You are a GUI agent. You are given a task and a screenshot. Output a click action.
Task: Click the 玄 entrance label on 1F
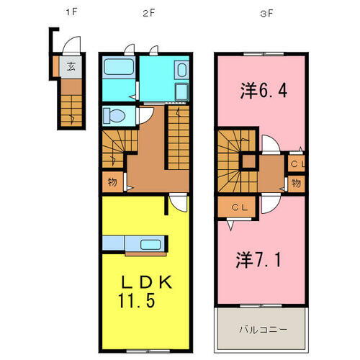pyautogui.click(x=71, y=67)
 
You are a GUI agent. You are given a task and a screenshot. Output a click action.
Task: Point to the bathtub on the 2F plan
pyautogui.click(x=118, y=69)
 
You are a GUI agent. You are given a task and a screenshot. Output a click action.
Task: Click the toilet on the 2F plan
pyautogui.click(x=114, y=115)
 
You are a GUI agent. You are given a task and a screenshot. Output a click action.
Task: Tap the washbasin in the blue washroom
pyautogui.click(x=181, y=71)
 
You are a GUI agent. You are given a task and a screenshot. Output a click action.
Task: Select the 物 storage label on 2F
pyautogui.click(x=113, y=181)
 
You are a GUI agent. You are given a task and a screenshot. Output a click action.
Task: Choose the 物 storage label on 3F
pyautogui.click(x=296, y=184)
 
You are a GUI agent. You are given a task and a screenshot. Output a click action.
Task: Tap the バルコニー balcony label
pyautogui.click(x=264, y=330)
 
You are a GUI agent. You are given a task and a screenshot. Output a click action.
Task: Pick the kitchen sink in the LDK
pyautogui.click(x=150, y=243)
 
